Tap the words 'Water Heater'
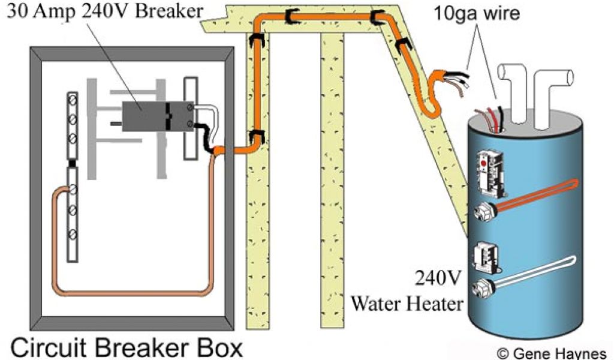click(407, 303)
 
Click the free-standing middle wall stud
click(332, 180)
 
